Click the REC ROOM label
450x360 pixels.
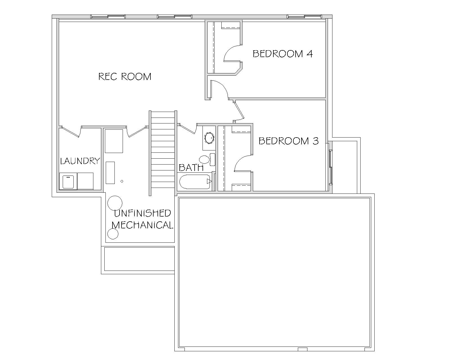coord(125,76)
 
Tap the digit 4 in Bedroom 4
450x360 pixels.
coord(309,54)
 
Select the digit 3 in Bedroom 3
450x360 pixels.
coord(316,141)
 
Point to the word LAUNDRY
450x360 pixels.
coord(80,161)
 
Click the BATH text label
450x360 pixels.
coord(191,168)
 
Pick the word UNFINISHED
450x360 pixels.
coord(143,213)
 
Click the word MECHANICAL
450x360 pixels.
coord(143,225)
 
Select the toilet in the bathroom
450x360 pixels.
coord(207,159)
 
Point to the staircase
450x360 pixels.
coord(163,153)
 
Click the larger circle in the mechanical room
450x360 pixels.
coord(115,203)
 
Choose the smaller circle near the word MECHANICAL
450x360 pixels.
coord(113,234)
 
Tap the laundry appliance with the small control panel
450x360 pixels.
coord(68,181)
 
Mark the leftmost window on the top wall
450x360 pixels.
coord(108,17)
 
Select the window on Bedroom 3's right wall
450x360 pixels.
coord(330,167)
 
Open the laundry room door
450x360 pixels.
coord(71,132)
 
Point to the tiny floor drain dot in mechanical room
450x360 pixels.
coord(122,181)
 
